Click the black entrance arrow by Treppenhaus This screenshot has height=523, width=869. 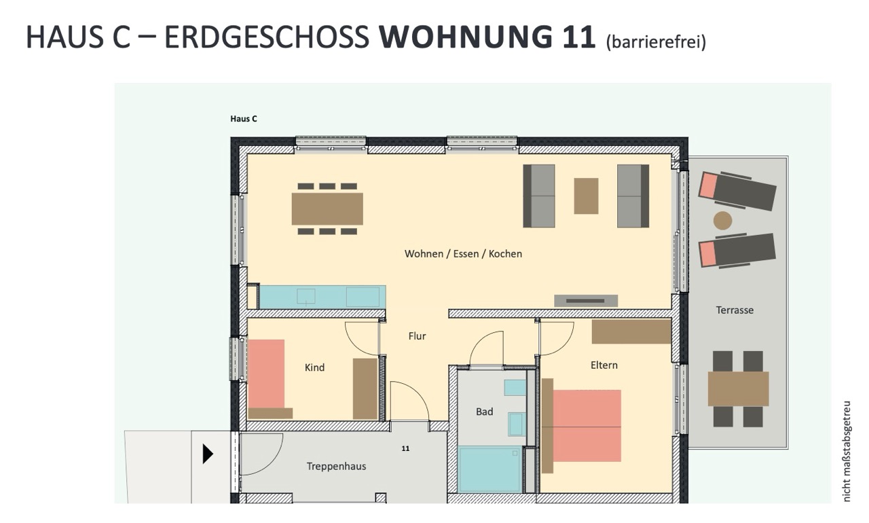tap(208, 454)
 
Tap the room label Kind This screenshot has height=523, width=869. tap(314, 367)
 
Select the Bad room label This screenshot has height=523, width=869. tap(485, 412)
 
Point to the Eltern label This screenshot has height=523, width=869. tap(604, 365)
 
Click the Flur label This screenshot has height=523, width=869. tap(417, 336)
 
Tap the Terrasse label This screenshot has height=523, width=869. tap(735, 310)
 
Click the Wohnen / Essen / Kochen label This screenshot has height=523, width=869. tap(463, 254)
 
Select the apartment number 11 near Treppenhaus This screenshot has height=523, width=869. tap(405, 448)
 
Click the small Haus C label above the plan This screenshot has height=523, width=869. tap(244, 119)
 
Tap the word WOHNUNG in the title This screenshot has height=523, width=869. tap(466, 37)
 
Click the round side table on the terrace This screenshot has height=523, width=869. tap(723, 221)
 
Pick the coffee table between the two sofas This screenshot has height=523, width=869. tap(586, 196)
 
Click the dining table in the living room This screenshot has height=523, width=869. tap(327, 209)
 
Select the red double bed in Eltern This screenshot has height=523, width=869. tap(587, 426)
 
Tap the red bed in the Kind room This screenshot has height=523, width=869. tap(266, 374)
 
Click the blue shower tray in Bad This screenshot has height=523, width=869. tap(489, 469)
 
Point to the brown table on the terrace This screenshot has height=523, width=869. tap(738, 389)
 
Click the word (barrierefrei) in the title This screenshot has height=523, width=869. tap(656, 42)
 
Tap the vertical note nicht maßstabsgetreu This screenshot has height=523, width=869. tap(847, 451)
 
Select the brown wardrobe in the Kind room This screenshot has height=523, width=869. tap(365, 389)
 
